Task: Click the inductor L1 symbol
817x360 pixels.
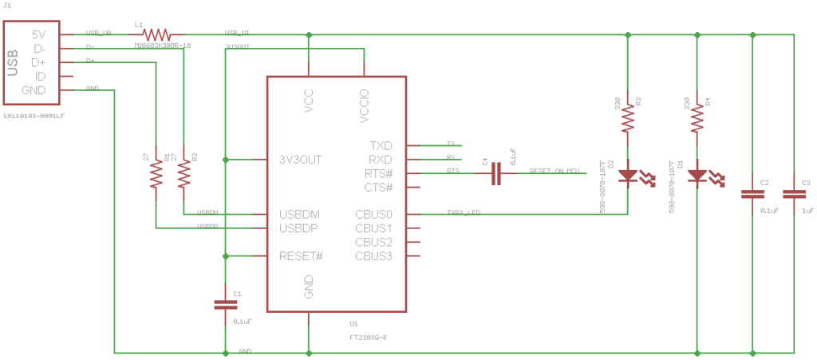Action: point(156,34)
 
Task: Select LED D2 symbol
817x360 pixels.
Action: point(629,174)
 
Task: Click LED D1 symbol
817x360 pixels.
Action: point(698,174)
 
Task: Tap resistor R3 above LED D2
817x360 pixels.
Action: point(629,119)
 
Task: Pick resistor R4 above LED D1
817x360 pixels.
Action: point(698,119)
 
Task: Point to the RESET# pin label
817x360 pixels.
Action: point(301,256)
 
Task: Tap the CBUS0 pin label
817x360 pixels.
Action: point(373,215)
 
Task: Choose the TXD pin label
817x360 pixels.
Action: point(381,146)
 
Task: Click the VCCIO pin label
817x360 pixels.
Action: point(364,108)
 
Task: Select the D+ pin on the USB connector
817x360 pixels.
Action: point(37,62)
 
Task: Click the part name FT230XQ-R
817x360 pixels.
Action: point(369,337)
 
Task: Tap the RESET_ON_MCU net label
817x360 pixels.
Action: point(554,171)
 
